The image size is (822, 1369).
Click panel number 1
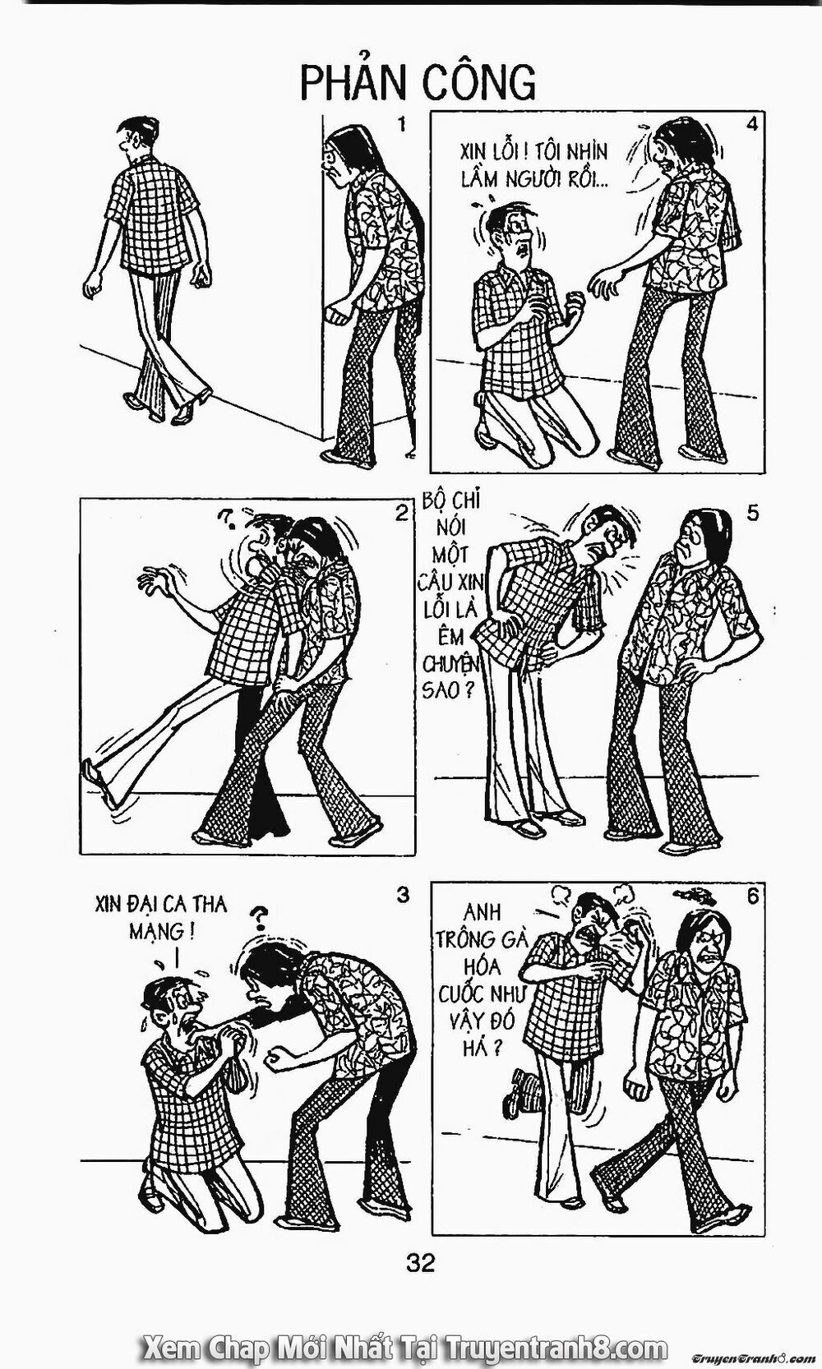[x=402, y=125]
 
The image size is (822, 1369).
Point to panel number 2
[x=401, y=514]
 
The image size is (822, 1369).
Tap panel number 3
[x=402, y=895]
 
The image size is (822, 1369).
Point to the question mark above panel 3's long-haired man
[x=261, y=915]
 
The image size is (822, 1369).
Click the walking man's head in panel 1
[x=133, y=137]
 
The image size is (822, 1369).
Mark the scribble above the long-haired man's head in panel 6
[x=693, y=894]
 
